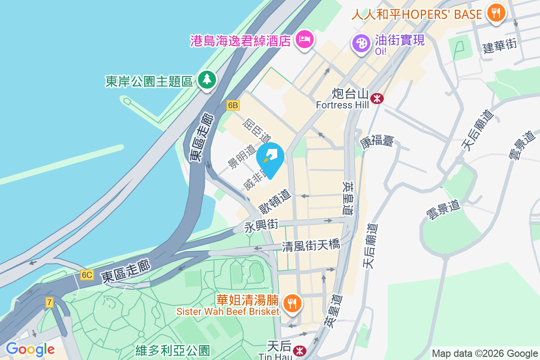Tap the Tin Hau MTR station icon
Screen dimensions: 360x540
pos(298,350)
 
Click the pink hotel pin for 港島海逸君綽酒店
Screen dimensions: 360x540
pos(305,39)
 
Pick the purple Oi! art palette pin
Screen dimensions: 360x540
pos(361,44)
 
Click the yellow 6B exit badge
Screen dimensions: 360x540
pos(233,105)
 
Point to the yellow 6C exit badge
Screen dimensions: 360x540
pos(87,274)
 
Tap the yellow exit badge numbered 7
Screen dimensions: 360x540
pos(49,302)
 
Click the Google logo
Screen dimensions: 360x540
pos(30,349)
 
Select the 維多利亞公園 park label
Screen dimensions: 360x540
pos(173,350)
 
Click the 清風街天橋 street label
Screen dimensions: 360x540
pos(311,246)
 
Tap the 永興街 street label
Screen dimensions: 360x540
pos(261,225)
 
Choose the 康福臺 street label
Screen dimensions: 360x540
pos(377,141)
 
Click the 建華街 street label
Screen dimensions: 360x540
pos(499,46)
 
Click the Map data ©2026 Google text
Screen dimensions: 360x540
pos(485,354)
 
